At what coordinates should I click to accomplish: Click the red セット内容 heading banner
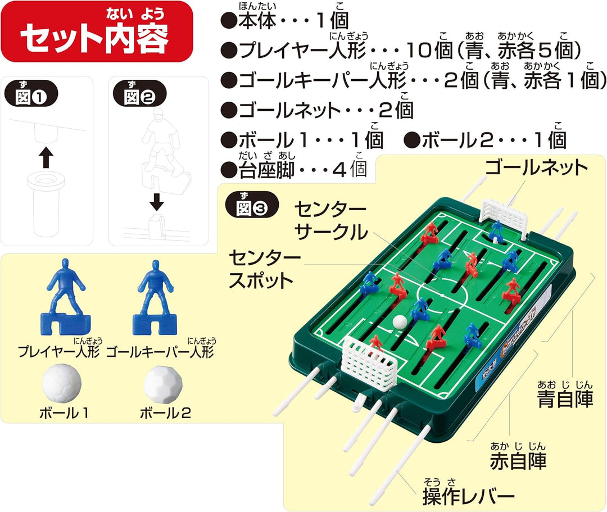97,31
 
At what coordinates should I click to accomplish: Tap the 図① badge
31,93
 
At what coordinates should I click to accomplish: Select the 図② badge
140,93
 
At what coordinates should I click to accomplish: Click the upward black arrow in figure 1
46,157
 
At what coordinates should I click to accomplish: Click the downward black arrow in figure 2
156,201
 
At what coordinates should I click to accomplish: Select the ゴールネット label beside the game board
536,167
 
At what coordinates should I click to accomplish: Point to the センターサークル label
330,220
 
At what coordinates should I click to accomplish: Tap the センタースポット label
265,269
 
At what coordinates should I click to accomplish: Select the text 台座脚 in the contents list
267,170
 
